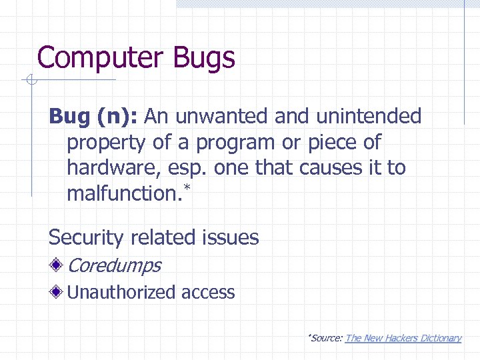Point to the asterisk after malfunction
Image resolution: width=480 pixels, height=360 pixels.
(x=187, y=190)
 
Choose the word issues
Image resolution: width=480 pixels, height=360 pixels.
(x=231, y=237)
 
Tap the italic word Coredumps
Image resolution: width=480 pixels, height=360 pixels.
(x=114, y=265)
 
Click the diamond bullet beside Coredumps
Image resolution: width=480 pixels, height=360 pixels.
(x=58, y=265)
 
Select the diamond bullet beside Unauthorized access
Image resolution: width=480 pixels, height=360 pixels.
(x=58, y=291)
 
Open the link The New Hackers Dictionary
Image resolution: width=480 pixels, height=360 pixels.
(x=403, y=338)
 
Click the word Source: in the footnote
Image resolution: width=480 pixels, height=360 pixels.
(x=326, y=338)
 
